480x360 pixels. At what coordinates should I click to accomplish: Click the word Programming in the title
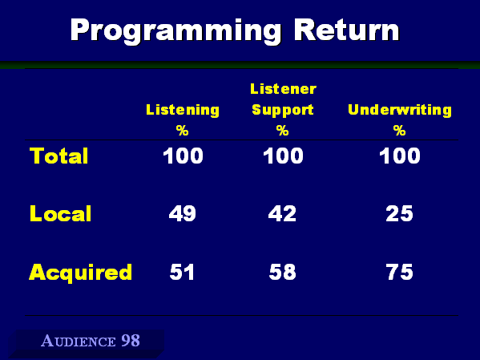pyautogui.click(x=175, y=31)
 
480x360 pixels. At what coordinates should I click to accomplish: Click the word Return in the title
pyautogui.click(x=346, y=30)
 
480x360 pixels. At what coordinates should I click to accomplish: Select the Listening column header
pyautogui.click(x=183, y=111)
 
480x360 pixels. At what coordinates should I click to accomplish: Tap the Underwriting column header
pyautogui.click(x=400, y=111)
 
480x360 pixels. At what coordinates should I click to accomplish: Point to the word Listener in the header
pyautogui.click(x=283, y=89)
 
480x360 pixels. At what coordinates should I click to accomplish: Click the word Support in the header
pyautogui.click(x=283, y=111)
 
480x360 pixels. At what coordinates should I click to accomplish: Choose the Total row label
pyautogui.click(x=58, y=156)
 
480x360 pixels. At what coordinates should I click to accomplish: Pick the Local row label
pyautogui.click(x=60, y=213)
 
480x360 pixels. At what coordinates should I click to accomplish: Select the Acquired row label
pyautogui.click(x=80, y=273)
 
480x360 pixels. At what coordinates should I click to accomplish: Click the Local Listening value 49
pyautogui.click(x=183, y=213)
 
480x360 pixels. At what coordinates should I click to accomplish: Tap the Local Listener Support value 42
pyautogui.click(x=282, y=213)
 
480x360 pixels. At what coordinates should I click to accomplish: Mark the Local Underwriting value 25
pyautogui.click(x=400, y=213)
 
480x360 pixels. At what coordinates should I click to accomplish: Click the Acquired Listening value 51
pyautogui.click(x=182, y=272)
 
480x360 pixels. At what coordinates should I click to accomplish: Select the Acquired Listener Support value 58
pyautogui.click(x=283, y=272)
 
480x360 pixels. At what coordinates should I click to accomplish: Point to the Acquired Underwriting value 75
pyautogui.click(x=400, y=272)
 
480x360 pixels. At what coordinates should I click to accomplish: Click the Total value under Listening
pyautogui.click(x=183, y=156)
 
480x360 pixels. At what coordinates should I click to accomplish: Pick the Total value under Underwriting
pyautogui.click(x=400, y=156)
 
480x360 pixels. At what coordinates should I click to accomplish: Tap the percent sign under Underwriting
pyautogui.click(x=400, y=131)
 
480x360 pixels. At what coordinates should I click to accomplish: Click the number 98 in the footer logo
pyautogui.click(x=131, y=341)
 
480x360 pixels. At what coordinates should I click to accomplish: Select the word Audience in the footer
pyautogui.click(x=79, y=341)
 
